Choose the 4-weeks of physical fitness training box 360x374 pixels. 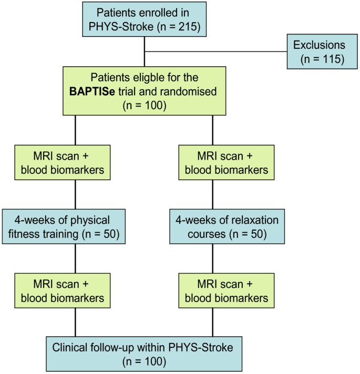(64, 226)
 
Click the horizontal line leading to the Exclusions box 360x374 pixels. (215, 52)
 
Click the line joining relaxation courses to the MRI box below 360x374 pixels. (213, 258)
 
